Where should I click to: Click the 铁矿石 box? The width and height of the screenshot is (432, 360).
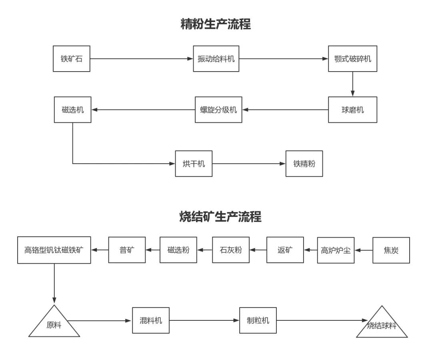72,59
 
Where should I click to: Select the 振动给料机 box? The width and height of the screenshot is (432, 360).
216,59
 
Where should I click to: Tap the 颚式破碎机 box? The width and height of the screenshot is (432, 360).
352,59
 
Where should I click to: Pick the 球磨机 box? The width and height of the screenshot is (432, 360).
352,110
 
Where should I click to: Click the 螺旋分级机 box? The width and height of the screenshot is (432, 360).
218,110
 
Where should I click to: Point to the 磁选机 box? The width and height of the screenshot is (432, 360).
72,110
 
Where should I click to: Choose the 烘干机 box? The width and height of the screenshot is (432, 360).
194,164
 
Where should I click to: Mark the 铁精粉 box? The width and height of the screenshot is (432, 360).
304,164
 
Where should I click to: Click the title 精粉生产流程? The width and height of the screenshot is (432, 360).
216,24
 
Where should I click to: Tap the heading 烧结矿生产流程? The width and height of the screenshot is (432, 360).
220,217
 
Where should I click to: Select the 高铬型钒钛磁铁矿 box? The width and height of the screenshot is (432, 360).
54,250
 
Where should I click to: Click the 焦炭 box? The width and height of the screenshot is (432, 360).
391,250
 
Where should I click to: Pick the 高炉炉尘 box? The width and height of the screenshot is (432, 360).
336,250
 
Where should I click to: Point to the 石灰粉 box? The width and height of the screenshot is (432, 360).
230,250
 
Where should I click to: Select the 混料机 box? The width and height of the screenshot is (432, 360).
151,320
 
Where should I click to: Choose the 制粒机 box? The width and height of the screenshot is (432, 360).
258,320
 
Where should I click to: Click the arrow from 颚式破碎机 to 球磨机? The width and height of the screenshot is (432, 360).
352,84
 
